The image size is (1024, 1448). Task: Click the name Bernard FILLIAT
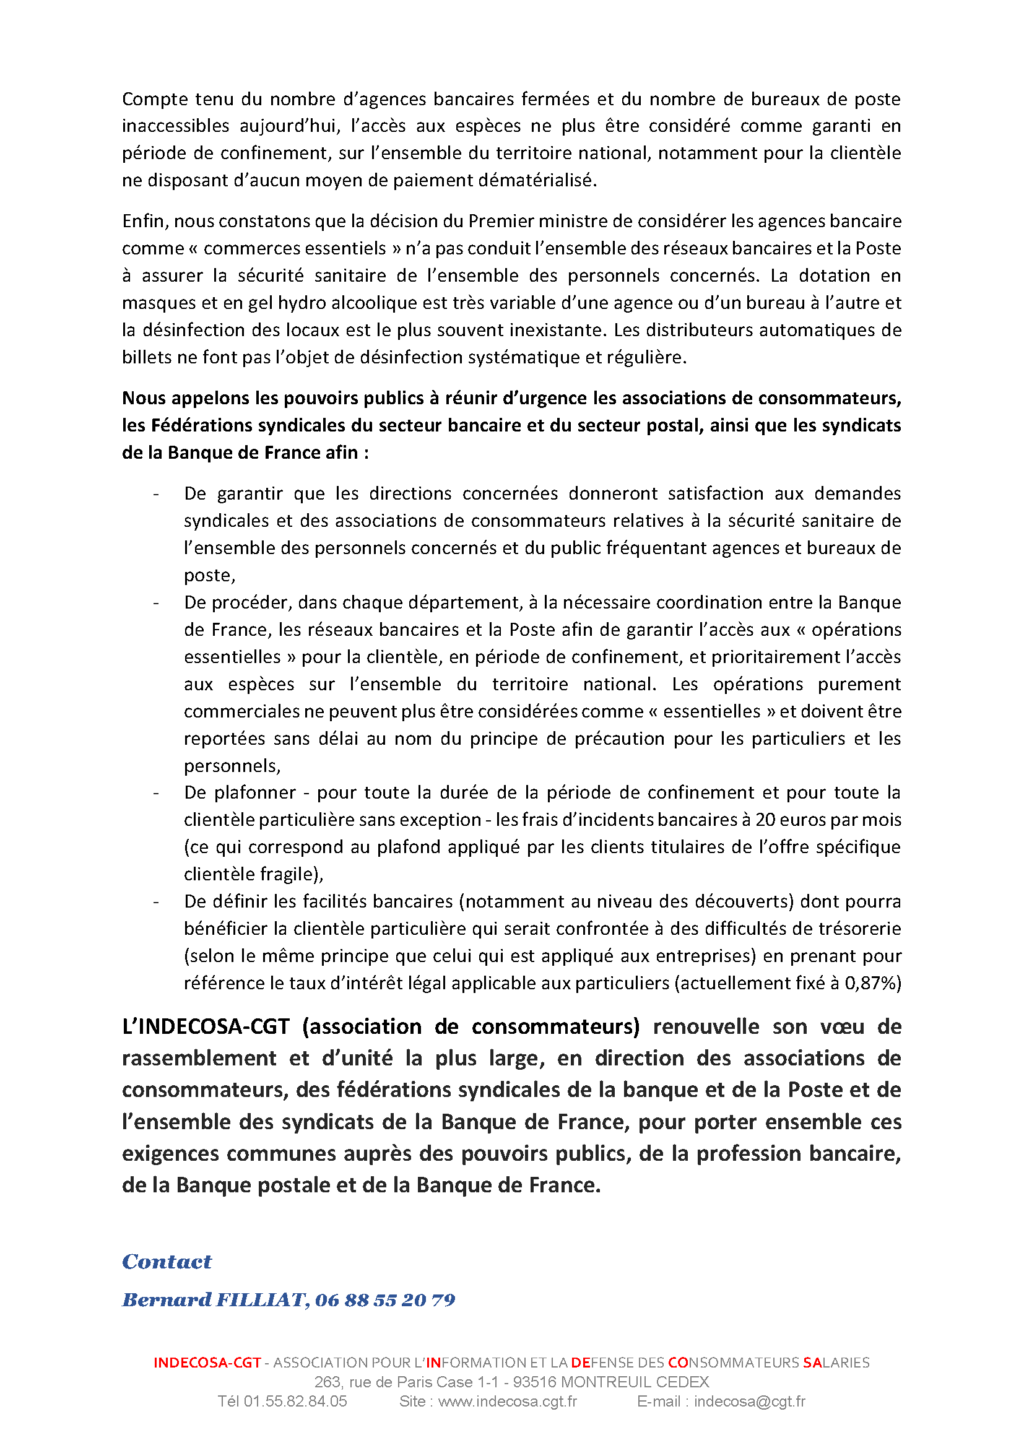[213, 1299]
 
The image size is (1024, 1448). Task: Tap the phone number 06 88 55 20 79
[384, 1299]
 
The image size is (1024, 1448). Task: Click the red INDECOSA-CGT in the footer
[207, 1362]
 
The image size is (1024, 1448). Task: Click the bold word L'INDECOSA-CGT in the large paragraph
[206, 1026]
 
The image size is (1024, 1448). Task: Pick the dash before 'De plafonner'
[156, 793]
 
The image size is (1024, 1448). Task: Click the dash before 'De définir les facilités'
[156, 902]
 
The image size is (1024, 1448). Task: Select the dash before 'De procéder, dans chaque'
[156, 603]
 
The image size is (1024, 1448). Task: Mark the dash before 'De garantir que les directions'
[156, 494]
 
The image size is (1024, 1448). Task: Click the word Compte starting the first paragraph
[155, 99]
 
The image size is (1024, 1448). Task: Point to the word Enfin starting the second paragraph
[145, 221]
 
